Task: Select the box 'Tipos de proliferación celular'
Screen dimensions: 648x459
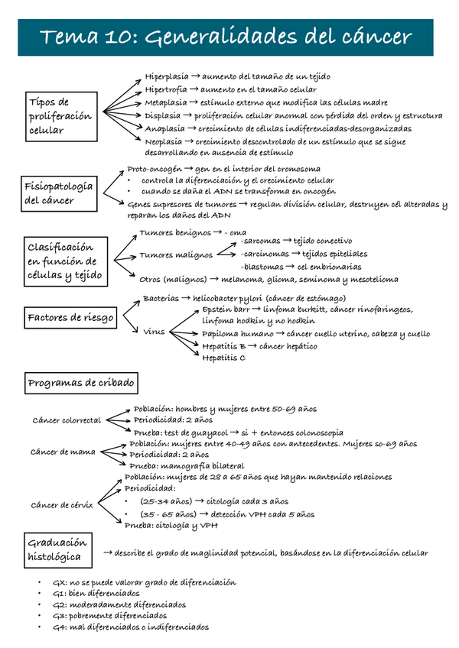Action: (x=60, y=115)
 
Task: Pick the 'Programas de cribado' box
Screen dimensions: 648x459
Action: (x=81, y=382)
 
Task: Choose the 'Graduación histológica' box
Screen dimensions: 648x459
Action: (x=57, y=549)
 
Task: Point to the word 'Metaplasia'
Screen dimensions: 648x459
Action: (x=164, y=102)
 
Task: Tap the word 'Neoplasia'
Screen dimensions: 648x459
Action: (x=163, y=141)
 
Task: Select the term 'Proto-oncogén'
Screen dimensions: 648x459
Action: (x=155, y=169)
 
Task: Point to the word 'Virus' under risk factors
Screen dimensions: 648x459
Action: (x=154, y=332)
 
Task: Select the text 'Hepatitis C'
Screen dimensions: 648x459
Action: (x=224, y=357)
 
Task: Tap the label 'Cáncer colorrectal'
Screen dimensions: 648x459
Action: (x=67, y=420)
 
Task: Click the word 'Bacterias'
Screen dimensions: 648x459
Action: (x=161, y=298)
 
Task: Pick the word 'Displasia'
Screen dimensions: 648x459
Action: (x=163, y=115)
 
